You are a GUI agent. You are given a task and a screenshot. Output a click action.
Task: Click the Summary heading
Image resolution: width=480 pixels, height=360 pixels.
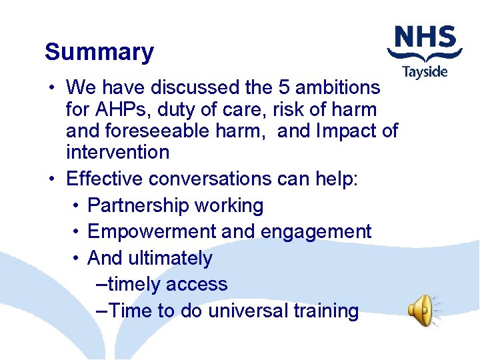click(99, 52)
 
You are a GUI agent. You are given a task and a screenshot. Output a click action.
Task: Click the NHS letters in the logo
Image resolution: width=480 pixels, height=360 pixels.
click(425, 38)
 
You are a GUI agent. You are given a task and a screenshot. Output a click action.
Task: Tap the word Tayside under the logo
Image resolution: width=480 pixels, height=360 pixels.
click(425, 71)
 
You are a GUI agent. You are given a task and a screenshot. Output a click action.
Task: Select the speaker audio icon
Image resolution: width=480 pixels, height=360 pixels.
click(423, 311)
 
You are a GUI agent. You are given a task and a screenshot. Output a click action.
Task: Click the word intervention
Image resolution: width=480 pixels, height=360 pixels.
click(118, 152)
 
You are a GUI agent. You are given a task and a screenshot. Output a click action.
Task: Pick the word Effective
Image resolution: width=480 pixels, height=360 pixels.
click(105, 179)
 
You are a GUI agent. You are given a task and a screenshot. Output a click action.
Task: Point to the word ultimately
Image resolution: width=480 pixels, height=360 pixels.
click(171, 258)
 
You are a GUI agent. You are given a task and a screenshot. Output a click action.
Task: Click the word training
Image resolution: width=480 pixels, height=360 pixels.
click(329, 311)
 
